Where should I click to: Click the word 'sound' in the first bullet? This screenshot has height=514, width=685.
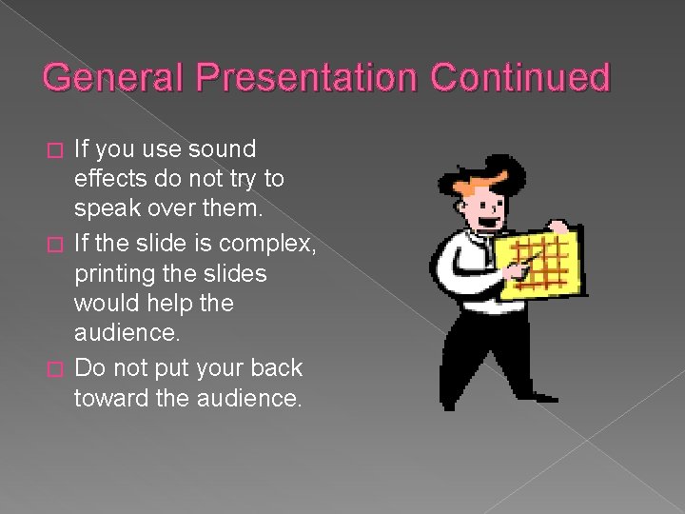click(x=223, y=149)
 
